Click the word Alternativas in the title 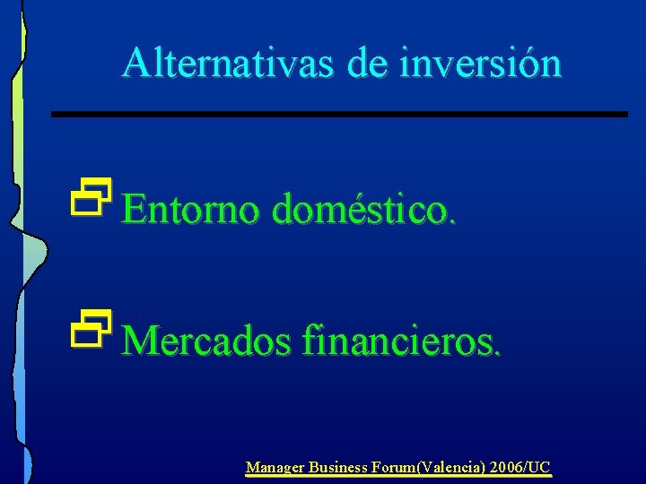(212, 63)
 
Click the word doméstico (359, 210)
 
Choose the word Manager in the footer (275, 467)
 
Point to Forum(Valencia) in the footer (425, 467)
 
